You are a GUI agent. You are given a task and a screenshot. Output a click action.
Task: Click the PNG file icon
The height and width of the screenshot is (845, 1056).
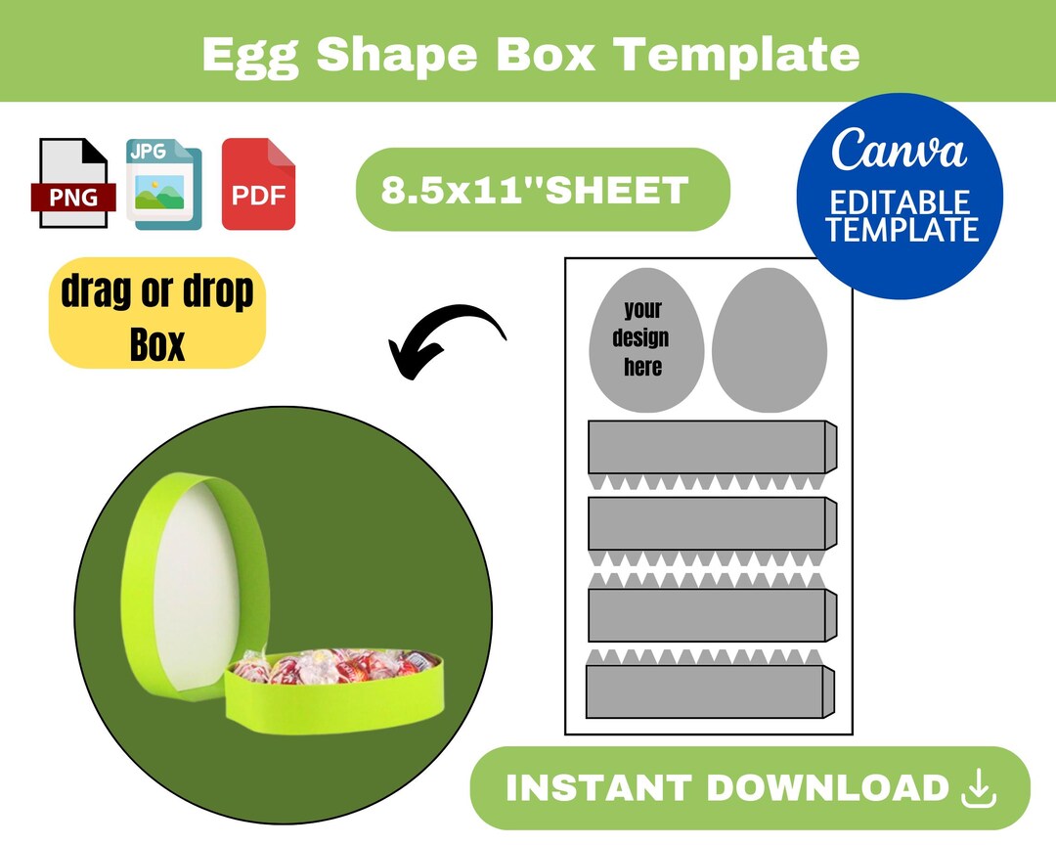(x=72, y=183)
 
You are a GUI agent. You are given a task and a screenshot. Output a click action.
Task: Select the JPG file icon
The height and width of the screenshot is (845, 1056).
(x=163, y=184)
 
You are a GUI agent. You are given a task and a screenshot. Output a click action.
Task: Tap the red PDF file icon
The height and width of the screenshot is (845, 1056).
(x=258, y=185)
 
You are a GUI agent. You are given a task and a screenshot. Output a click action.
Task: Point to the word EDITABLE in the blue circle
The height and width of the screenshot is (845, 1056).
(x=900, y=203)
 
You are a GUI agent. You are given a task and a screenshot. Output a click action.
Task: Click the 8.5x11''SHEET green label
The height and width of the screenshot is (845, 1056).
(x=542, y=190)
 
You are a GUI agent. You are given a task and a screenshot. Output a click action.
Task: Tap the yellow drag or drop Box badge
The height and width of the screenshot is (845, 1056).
(x=156, y=314)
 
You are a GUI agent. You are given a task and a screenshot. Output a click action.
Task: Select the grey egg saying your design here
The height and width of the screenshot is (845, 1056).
(x=646, y=338)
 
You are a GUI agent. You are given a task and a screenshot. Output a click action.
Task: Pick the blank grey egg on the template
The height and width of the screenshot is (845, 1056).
(x=770, y=338)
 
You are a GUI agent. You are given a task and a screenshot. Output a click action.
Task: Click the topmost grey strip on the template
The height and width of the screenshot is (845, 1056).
(x=709, y=448)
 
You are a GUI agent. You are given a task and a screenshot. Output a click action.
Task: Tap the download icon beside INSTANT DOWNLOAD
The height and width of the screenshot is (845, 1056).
(x=978, y=788)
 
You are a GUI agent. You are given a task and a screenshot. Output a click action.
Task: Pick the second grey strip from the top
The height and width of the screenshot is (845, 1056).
(x=709, y=523)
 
